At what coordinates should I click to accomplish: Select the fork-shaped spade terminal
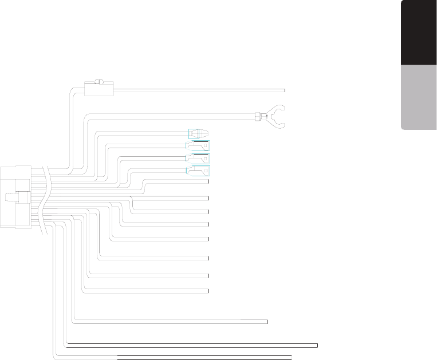click(277, 117)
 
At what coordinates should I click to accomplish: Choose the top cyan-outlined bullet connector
click(198, 145)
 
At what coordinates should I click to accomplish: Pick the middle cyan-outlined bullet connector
click(198, 158)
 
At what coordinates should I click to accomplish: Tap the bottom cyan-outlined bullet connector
click(198, 170)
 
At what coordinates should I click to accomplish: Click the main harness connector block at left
click(15, 197)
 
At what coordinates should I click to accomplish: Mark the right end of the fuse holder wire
click(285, 89)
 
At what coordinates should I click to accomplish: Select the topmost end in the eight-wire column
click(208, 181)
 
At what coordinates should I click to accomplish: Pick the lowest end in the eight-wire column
click(208, 291)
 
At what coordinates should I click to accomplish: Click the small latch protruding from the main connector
click(10, 197)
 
